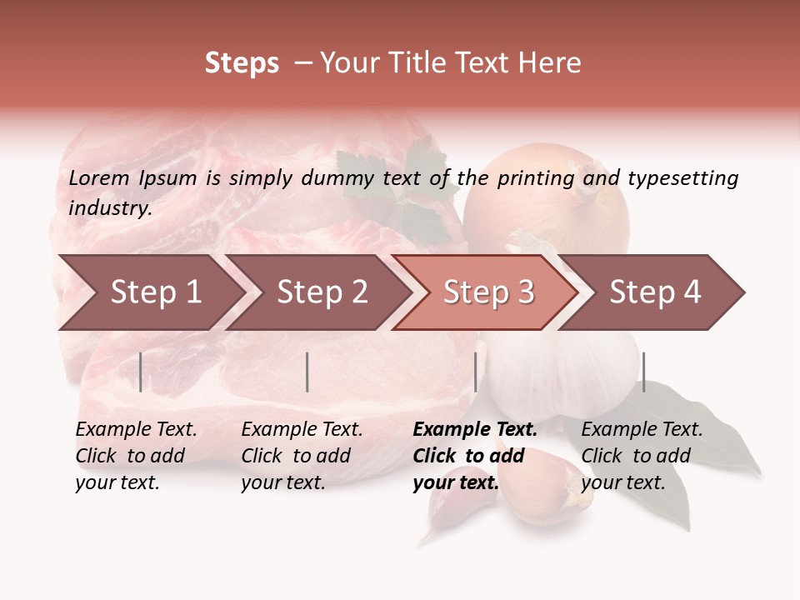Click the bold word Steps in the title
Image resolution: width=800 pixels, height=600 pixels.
point(242,63)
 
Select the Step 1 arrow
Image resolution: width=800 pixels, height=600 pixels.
point(155,292)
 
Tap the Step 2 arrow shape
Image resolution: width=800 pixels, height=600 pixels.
point(322,292)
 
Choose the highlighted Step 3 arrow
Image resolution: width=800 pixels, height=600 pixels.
point(488,292)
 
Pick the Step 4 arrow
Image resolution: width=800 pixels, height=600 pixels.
point(655,292)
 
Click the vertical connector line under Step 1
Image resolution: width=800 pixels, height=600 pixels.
point(141,372)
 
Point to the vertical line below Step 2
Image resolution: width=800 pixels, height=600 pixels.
point(307,372)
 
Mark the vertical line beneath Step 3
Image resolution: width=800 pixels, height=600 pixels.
point(476,372)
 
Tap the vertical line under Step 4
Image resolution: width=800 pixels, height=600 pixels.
point(643,372)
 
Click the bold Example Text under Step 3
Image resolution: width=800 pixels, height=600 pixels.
point(475,456)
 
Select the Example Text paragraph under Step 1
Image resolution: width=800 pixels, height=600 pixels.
point(136,456)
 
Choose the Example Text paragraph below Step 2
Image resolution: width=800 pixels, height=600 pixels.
point(302,456)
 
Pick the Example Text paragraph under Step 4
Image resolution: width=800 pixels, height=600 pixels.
point(642,456)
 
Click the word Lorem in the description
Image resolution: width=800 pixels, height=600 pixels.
point(99,177)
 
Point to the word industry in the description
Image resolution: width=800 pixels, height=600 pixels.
point(110,207)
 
